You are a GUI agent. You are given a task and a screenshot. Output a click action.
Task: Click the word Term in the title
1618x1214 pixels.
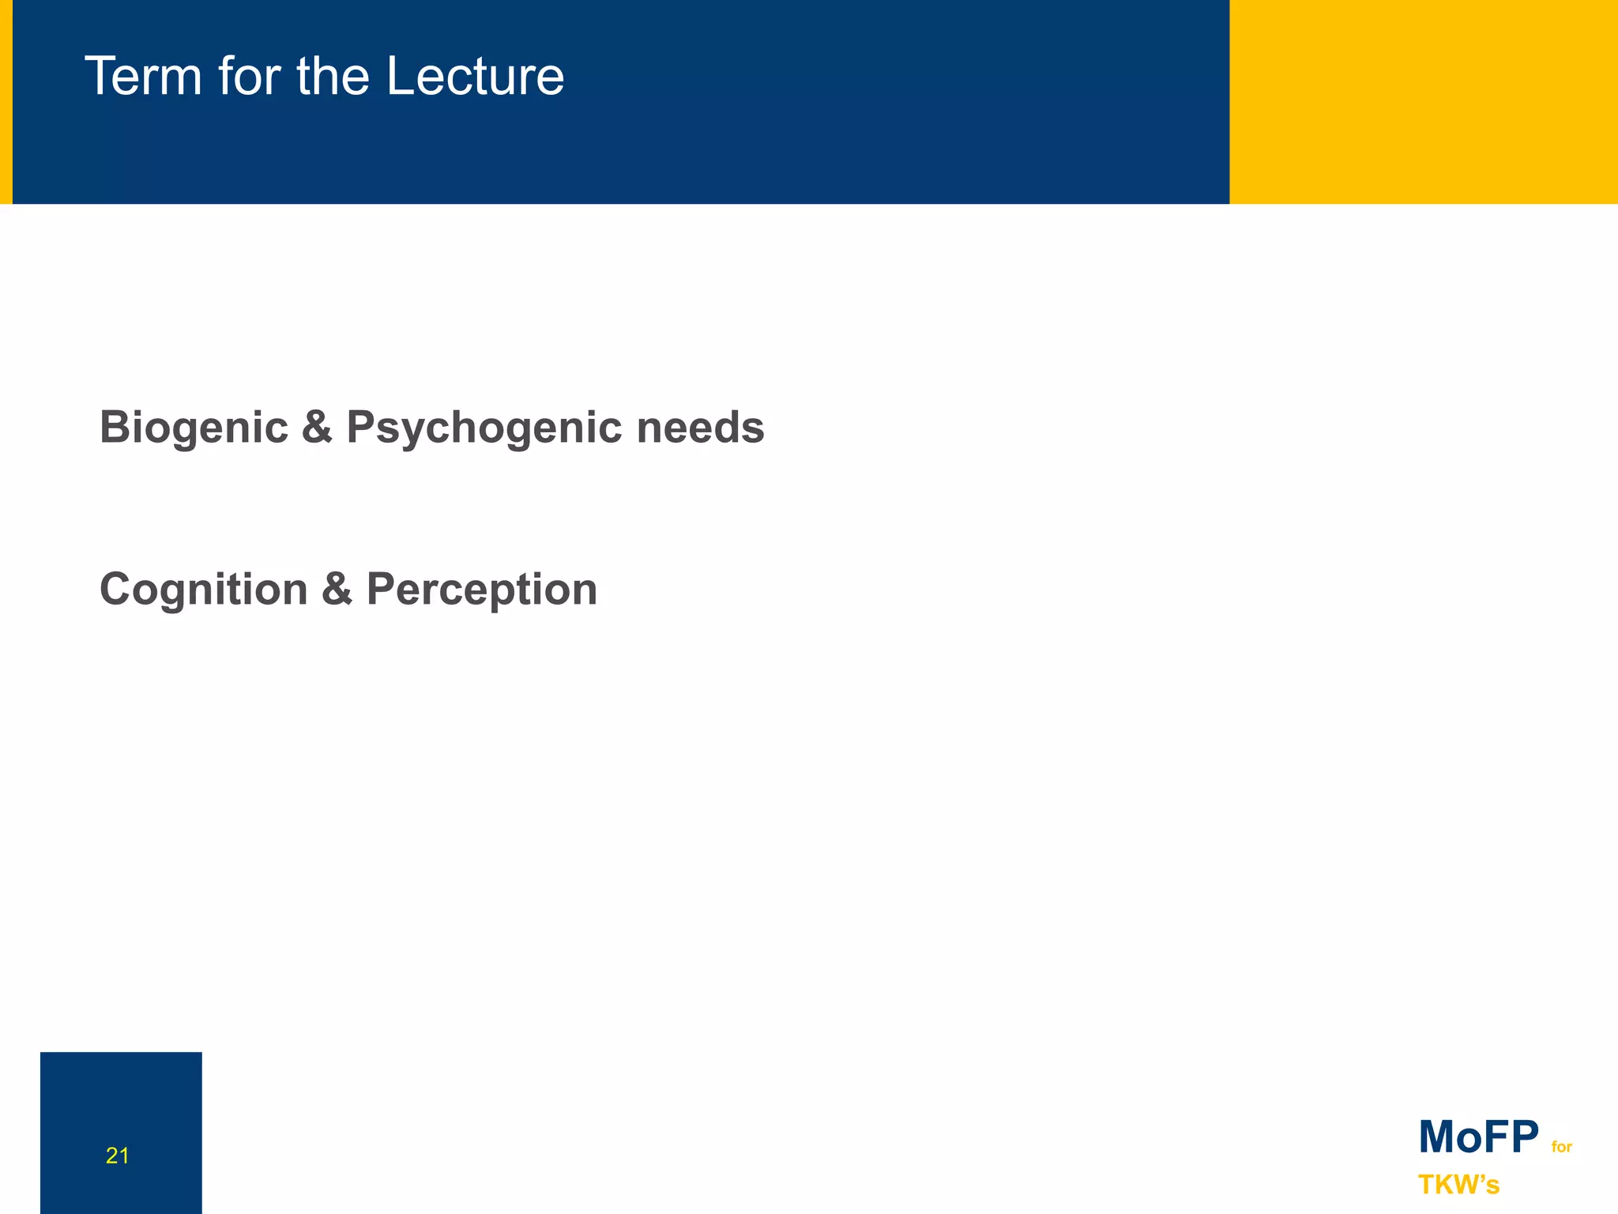(x=143, y=77)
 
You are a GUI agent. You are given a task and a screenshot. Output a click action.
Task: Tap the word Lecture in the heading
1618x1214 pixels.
(x=475, y=77)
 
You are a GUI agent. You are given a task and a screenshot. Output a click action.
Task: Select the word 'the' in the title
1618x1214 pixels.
(x=333, y=77)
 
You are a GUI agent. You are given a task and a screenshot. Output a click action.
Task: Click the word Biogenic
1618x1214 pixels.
(x=194, y=428)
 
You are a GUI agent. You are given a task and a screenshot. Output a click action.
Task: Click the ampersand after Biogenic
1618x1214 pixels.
(x=317, y=428)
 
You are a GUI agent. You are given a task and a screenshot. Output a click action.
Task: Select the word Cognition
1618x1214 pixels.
(x=203, y=590)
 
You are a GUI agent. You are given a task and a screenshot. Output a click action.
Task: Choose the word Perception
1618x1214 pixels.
(x=482, y=590)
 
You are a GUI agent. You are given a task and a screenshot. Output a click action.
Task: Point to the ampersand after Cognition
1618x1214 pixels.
(x=337, y=590)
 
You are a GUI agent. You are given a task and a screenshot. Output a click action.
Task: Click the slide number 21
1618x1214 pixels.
(x=117, y=1156)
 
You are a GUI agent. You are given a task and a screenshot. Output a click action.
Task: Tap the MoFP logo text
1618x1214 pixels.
(x=1478, y=1137)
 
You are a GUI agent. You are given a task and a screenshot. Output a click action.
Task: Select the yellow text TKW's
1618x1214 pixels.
(x=1458, y=1185)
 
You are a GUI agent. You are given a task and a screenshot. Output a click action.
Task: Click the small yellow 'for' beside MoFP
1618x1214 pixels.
(x=1561, y=1147)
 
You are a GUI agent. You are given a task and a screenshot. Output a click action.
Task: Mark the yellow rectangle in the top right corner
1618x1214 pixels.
(x=1423, y=101)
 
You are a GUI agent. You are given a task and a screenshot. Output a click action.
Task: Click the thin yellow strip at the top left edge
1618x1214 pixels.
(x=6, y=101)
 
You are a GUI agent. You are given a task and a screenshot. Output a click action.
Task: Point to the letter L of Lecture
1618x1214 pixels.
(x=401, y=77)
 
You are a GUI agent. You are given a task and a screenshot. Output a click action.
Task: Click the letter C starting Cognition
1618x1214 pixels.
(x=115, y=590)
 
